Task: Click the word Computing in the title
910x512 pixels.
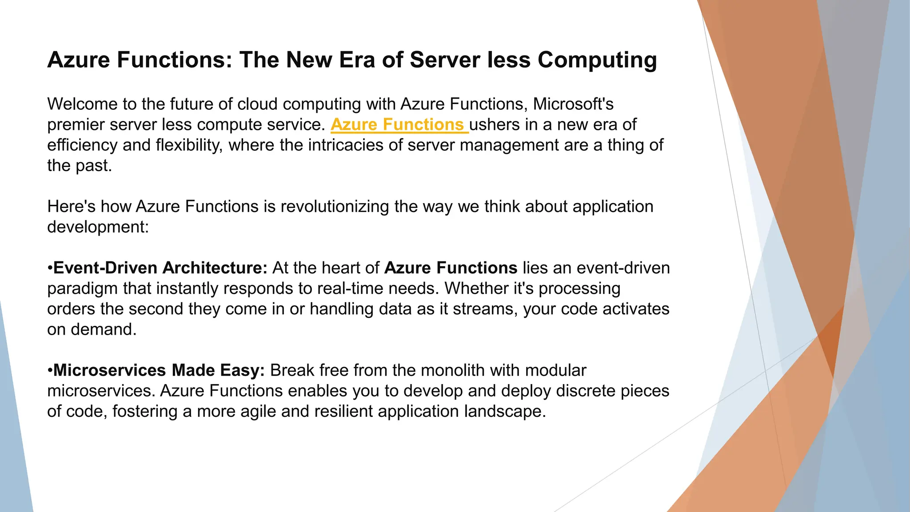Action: click(597, 60)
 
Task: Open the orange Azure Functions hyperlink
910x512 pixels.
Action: click(397, 125)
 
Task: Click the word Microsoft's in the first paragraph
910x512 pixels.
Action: click(573, 104)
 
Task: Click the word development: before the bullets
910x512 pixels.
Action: click(98, 227)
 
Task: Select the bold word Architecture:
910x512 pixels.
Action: click(215, 268)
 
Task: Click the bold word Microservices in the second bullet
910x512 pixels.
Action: click(110, 370)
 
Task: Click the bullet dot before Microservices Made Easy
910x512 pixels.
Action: click(50, 371)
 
